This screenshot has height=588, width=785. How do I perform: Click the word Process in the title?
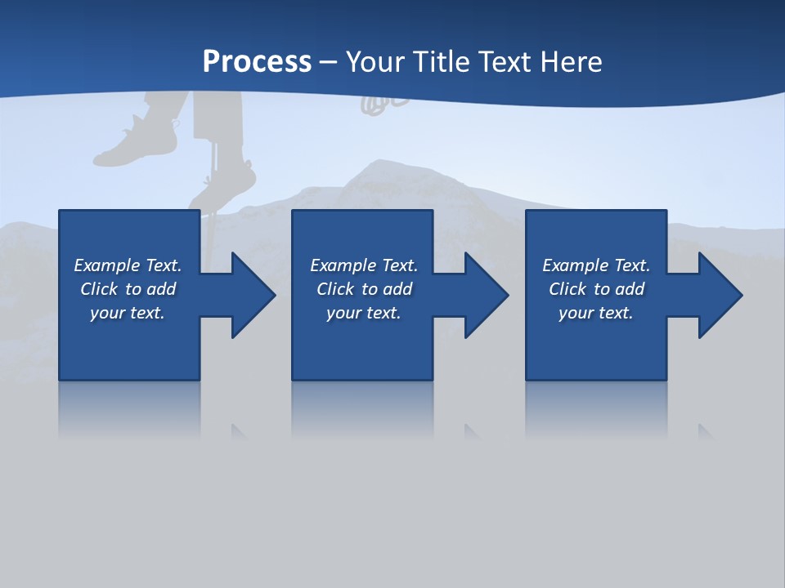pos(257,62)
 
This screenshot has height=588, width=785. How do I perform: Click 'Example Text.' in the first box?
pos(128,265)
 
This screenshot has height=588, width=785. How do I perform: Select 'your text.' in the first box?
pos(128,313)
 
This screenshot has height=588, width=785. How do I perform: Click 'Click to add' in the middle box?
pos(364,289)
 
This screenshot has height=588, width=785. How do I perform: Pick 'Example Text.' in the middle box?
pos(364,265)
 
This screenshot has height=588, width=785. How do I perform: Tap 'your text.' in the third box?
pos(595,313)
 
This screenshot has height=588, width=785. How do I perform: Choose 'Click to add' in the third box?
pos(596,289)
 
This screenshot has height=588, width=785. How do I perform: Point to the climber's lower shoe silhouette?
pos(225,185)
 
